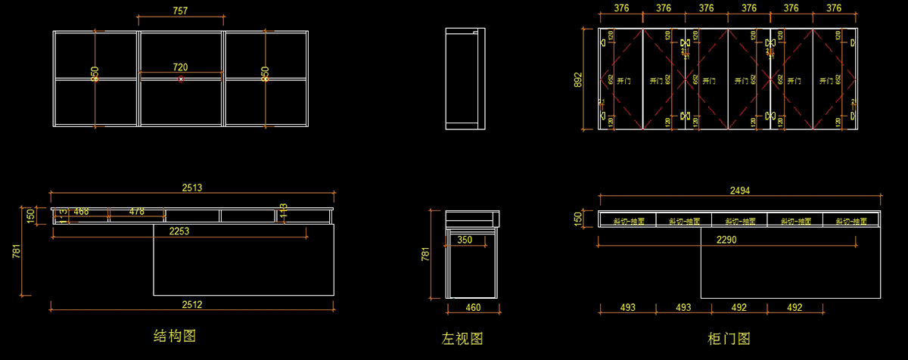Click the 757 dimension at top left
point(180,11)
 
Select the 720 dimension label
point(180,68)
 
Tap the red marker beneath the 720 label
point(180,79)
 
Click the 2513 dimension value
point(192,188)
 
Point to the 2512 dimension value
point(191,305)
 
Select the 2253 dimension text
point(179,231)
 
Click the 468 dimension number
point(81,211)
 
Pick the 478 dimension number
point(137,211)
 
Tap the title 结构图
point(175,335)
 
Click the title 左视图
point(462,338)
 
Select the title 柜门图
point(729,338)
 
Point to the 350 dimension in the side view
point(465,240)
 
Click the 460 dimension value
point(473,308)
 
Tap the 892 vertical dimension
point(579,79)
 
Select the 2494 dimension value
point(739,191)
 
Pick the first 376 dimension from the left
point(621,8)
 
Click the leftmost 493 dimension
point(627,308)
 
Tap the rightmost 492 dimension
point(794,308)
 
